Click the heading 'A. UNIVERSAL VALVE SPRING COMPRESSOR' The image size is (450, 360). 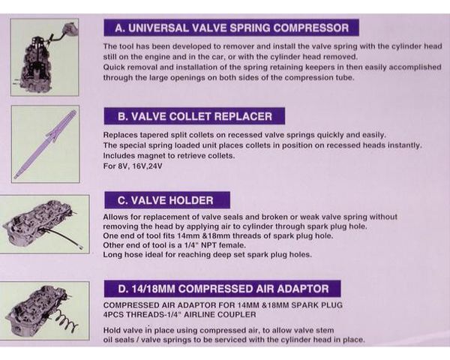[231, 28]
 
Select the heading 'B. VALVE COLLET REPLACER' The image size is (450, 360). [194, 116]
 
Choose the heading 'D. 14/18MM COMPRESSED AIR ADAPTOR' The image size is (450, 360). [223, 289]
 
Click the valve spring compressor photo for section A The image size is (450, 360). [45, 58]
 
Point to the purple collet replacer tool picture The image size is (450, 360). [45, 144]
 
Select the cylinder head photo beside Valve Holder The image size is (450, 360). [44, 224]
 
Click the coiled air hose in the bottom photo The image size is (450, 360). [66, 322]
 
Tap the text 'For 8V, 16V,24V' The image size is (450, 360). [133, 166]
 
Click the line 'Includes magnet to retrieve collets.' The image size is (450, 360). [169, 156]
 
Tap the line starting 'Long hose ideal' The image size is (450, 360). [207, 255]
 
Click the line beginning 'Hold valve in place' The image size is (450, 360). [218, 331]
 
